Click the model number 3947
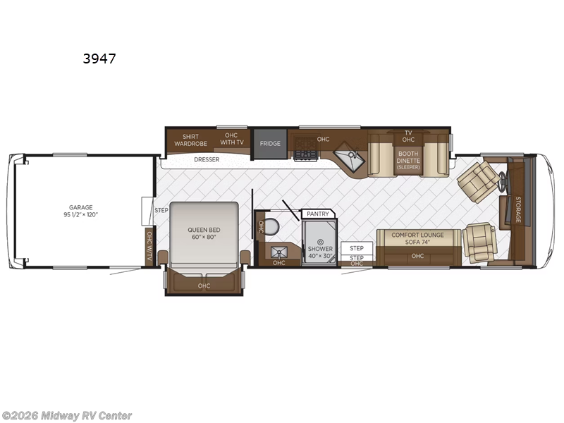[x=99, y=59]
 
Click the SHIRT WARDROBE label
[x=190, y=139]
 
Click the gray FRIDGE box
[x=270, y=144]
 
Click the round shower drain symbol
[x=319, y=241]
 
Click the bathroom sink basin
[x=278, y=251]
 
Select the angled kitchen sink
[x=349, y=157]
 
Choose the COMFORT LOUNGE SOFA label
[x=417, y=238]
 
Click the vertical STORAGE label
[x=517, y=209]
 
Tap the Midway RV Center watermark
[x=67, y=416]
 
